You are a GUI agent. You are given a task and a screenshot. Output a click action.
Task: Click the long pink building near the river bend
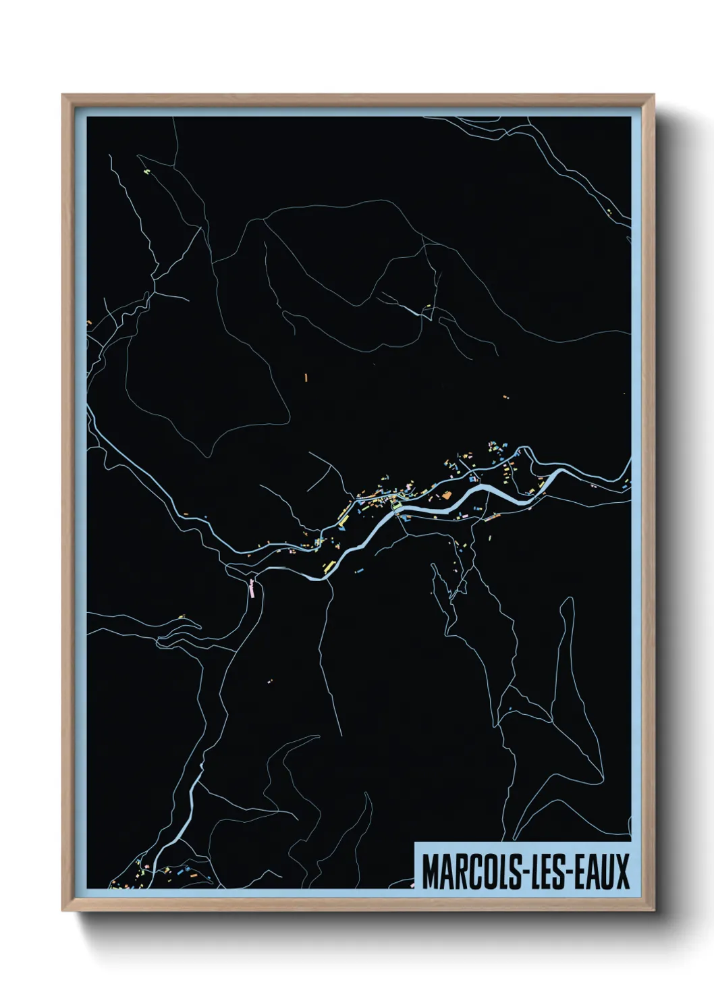(252, 589)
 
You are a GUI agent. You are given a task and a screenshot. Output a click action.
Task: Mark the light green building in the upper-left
(146, 171)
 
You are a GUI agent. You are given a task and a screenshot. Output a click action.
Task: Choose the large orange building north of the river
(446, 495)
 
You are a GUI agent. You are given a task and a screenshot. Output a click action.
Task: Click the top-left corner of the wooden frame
(63, 95)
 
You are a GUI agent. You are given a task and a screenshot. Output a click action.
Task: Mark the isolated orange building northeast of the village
(505, 397)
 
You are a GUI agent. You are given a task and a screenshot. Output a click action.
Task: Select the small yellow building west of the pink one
(182, 616)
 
